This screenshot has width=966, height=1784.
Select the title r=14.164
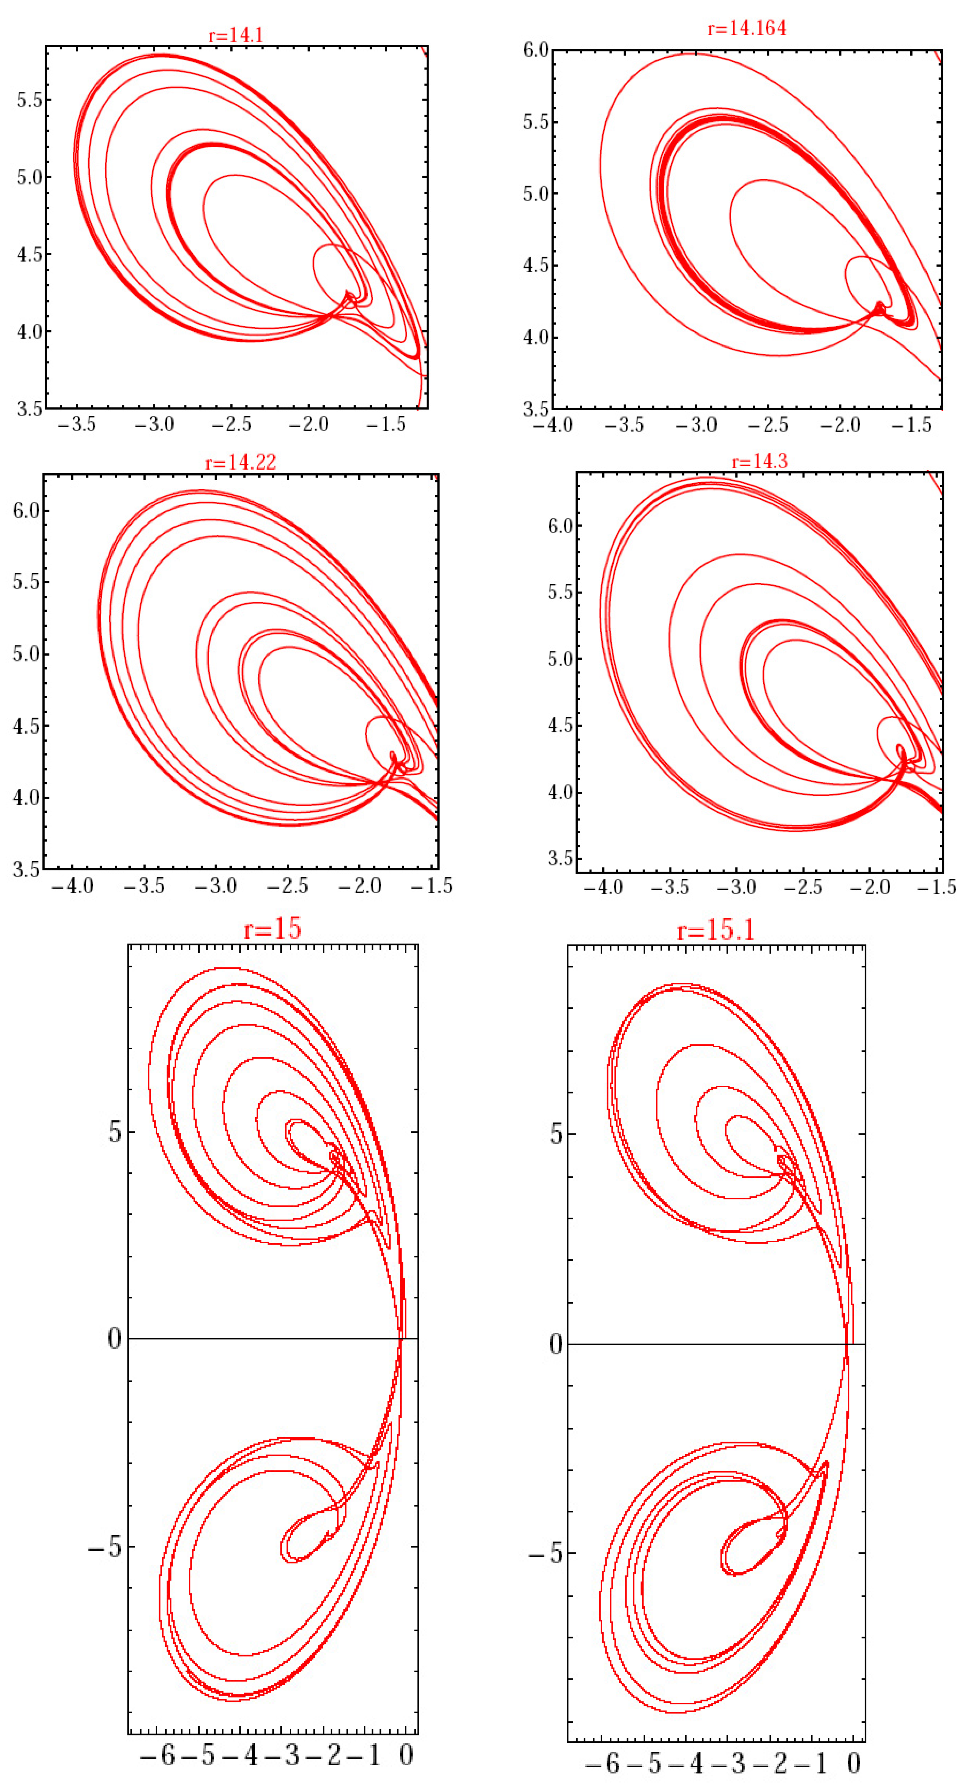(x=746, y=28)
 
